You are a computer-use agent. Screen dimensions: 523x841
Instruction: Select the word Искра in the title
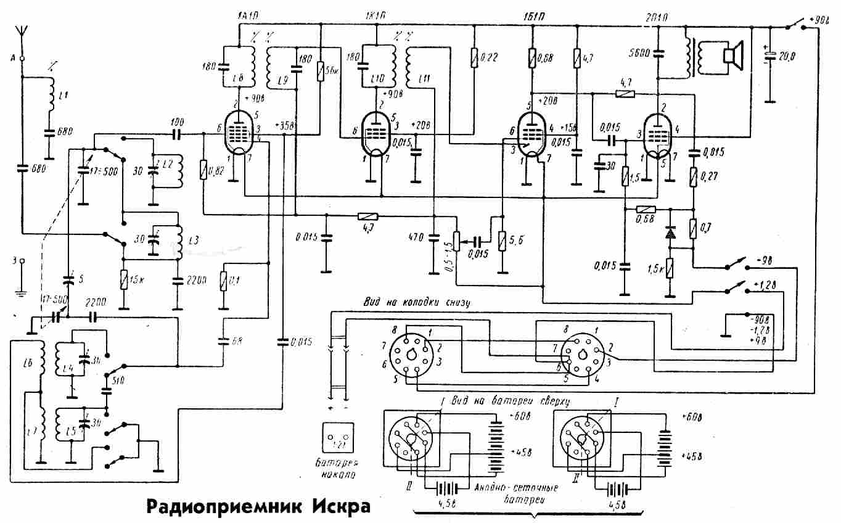[x=341, y=507]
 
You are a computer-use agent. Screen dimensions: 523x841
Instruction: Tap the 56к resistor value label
[x=333, y=71]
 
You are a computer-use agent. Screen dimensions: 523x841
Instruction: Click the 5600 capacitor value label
[x=643, y=53]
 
